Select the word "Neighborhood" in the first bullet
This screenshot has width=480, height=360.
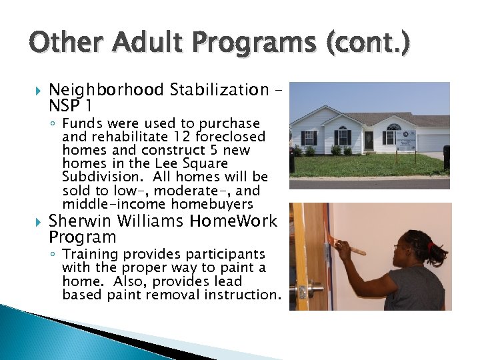[107, 89]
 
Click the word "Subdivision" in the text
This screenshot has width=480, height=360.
[95, 177]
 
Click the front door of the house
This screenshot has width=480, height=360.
[369, 139]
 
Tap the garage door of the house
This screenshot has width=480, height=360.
[434, 142]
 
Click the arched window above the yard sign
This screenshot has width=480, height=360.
[394, 127]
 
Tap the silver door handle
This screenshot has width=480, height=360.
[304, 291]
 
